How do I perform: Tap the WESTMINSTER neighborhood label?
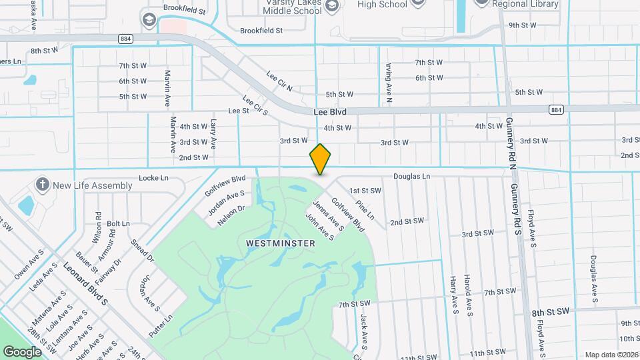pos(281,243)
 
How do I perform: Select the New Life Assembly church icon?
pos(43,185)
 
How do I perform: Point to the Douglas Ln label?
pos(412,177)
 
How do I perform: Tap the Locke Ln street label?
pos(153,178)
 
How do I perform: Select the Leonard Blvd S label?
pos(85,283)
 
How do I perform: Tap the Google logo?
pos(22,351)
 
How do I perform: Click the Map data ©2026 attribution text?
pos(611,355)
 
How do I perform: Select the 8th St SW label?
pos(551,312)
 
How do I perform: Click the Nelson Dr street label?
pos(232,213)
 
